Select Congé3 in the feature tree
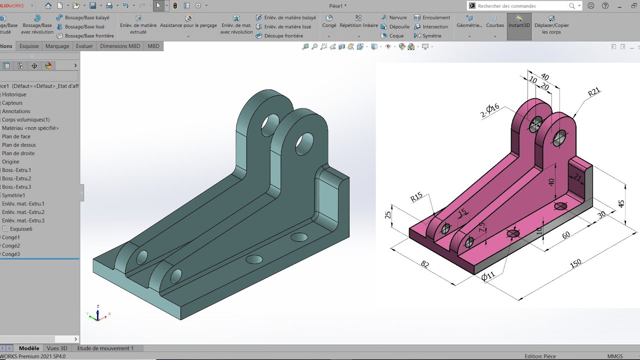click(x=11, y=254)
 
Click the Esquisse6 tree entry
click(x=21, y=229)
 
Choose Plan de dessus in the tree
click(x=18, y=145)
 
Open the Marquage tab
click(x=57, y=46)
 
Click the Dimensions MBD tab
click(x=120, y=46)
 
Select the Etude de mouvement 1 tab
click(x=105, y=348)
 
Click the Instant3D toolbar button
click(x=519, y=25)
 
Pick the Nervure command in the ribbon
click(x=397, y=17)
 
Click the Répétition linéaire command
click(x=358, y=25)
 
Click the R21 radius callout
click(x=593, y=92)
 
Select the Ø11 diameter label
click(x=488, y=276)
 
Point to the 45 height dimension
click(x=621, y=204)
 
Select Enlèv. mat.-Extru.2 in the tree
click(x=23, y=212)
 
